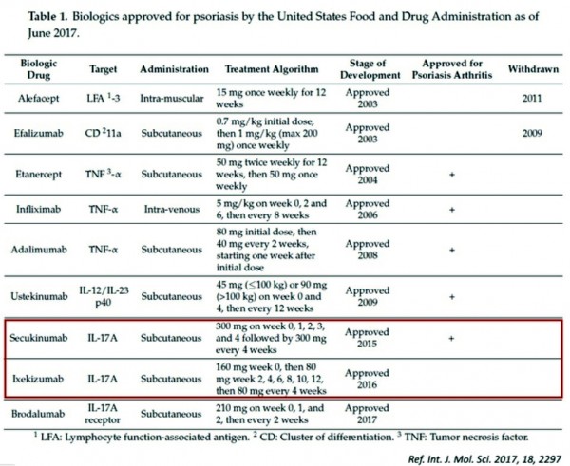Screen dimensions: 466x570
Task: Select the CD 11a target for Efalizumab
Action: [x=104, y=134]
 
